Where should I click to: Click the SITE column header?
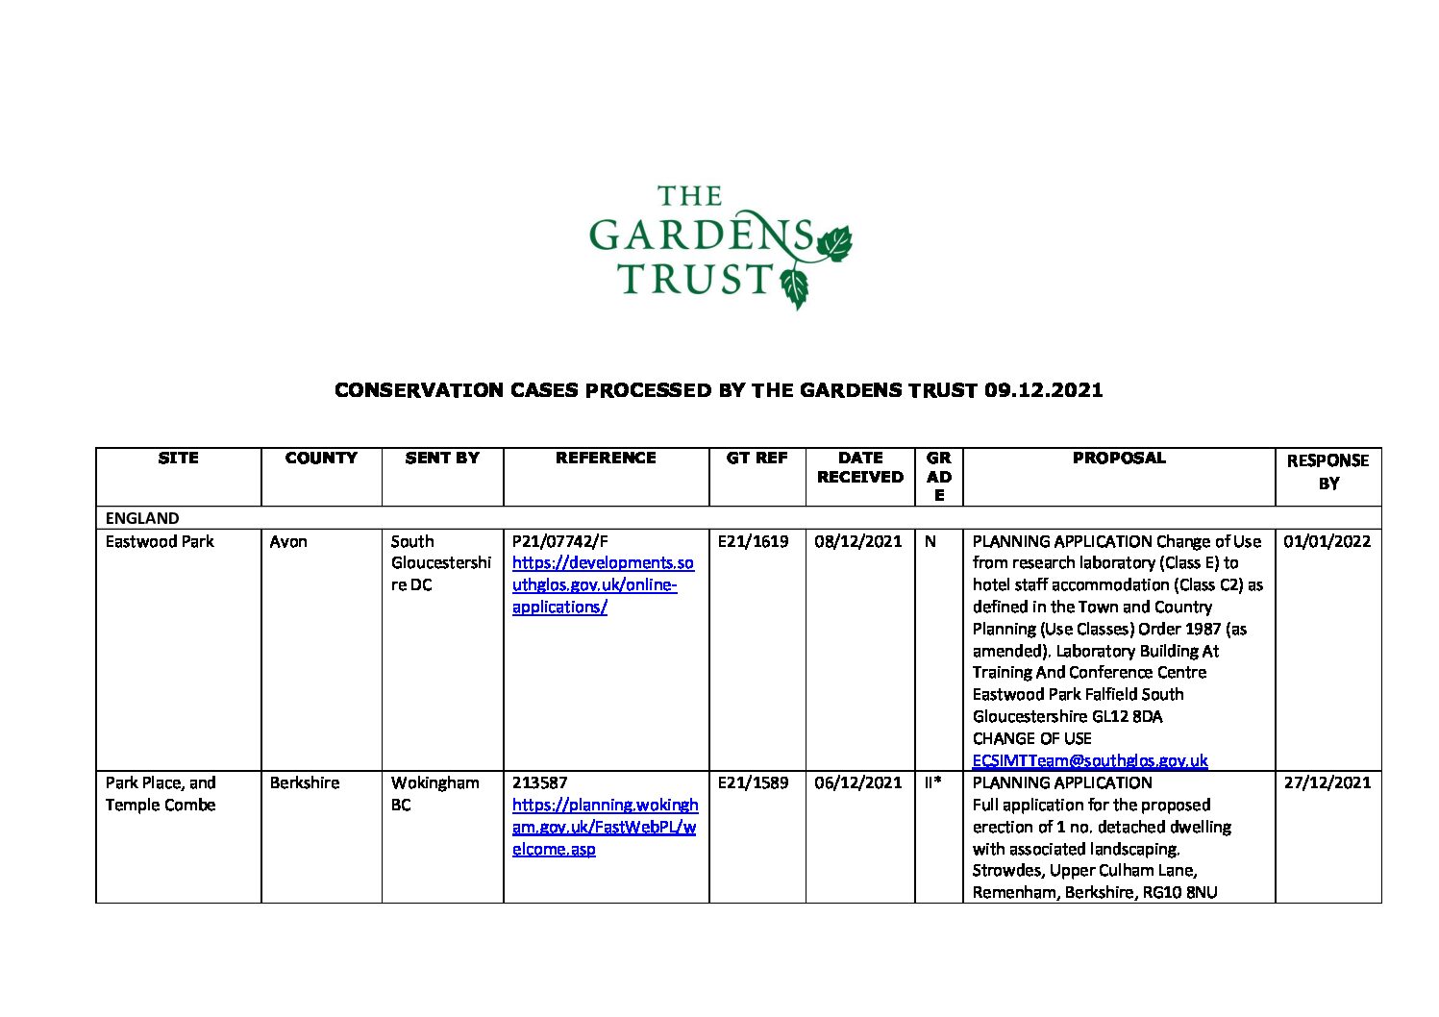pyautogui.click(x=178, y=459)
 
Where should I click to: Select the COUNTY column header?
pyautogui.click(x=321, y=459)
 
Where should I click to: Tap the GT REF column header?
pyautogui.click(x=757, y=459)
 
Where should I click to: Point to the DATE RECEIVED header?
pyautogui.click(x=859, y=467)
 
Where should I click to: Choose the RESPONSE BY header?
pyautogui.click(x=1327, y=472)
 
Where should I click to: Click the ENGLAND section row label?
pyautogui.click(x=142, y=518)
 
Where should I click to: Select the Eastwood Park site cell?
pyautogui.click(x=160, y=541)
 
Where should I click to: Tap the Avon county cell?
pyautogui.click(x=288, y=541)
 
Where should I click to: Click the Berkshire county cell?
pyautogui.click(x=305, y=782)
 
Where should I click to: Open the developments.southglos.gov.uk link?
pyautogui.click(x=602, y=584)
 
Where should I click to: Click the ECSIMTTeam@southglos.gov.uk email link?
pyautogui.click(x=1089, y=760)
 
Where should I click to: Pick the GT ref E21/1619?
pyautogui.click(x=753, y=541)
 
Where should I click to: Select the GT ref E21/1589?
pyautogui.click(x=753, y=782)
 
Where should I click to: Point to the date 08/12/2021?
pyautogui.click(x=858, y=541)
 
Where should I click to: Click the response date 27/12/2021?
pyautogui.click(x=1327, y=782)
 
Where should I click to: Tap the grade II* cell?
pyautogui.click(x=932, y=782)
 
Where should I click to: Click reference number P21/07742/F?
pyautogui.click(x=559, y=541)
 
